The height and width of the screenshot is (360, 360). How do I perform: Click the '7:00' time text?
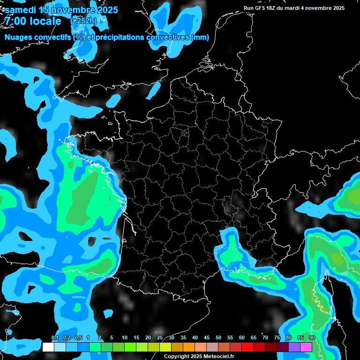pos(15,21)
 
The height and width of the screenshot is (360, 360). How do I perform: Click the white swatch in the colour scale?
pos(48,347)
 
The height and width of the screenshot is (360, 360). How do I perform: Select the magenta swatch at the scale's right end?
pos(306,347)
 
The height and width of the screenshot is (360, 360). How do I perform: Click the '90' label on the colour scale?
pos(312,338)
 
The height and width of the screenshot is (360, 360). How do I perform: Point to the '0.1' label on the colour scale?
pos(55,338)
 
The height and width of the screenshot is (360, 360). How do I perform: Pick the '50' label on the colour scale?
pos(218,338)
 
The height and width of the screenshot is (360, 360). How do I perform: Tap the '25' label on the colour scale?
pos(160,338)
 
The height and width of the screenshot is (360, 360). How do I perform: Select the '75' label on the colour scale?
pos(277,338)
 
